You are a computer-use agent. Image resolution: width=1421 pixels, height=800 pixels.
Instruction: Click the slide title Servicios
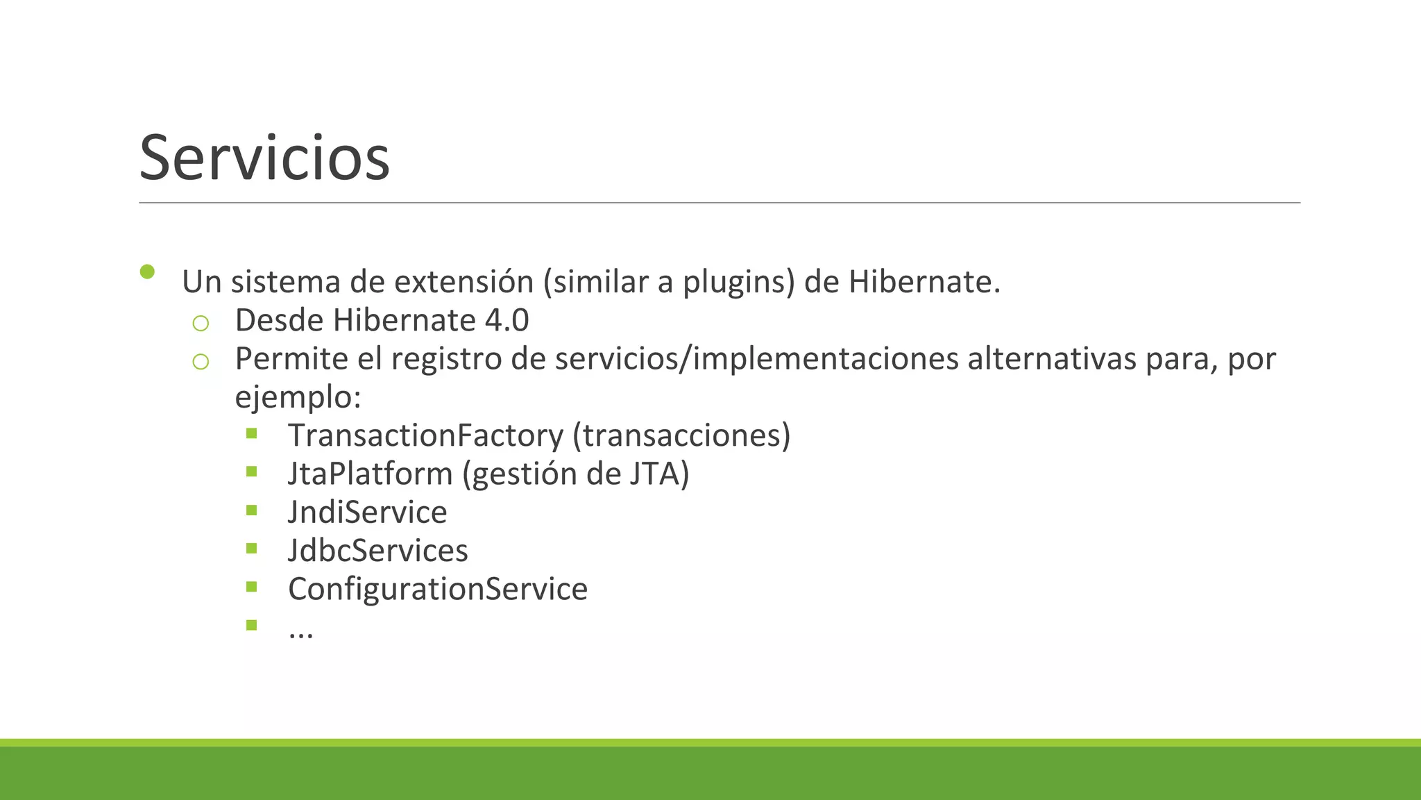264,158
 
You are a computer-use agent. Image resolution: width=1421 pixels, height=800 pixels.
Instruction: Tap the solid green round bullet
147,272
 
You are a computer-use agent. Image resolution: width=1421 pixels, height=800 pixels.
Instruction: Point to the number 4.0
507,321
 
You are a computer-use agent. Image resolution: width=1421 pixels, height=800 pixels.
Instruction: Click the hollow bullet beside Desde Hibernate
201,323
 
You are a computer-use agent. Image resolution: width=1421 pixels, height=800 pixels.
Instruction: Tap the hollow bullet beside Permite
201,361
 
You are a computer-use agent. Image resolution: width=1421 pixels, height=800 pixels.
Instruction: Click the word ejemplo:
298,398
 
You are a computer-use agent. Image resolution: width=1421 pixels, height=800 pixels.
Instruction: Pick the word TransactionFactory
425,435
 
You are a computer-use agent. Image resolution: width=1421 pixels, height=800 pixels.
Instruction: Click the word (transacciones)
681,435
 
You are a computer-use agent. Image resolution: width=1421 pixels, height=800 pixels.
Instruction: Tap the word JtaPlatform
370,474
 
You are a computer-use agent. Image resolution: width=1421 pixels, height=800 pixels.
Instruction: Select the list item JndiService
367,512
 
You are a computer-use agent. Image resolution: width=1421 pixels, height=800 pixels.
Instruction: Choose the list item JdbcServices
377,551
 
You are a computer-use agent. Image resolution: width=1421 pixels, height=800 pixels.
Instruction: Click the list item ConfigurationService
437,589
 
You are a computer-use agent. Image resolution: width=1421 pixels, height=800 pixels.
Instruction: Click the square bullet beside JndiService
251,510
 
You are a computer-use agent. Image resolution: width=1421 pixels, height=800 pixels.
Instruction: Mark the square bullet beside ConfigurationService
251,587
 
